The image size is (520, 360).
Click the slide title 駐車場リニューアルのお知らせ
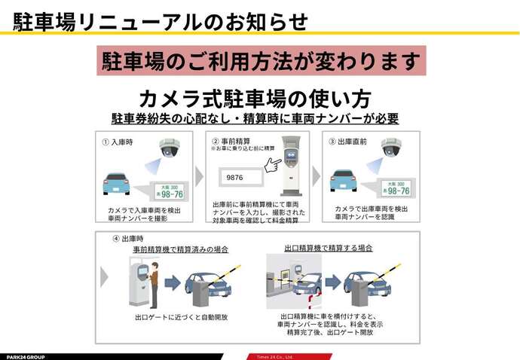tap(161, 21)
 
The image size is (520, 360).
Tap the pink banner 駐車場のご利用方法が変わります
tap(261, 61)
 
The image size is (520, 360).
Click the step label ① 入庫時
tap(118, 141)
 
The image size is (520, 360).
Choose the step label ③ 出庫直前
tap(347, 141)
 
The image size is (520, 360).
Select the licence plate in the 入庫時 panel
tap(170, 192)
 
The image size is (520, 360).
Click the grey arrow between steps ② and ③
tap(317, 176)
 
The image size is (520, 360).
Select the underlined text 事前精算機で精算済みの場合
tap(180, 249)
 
